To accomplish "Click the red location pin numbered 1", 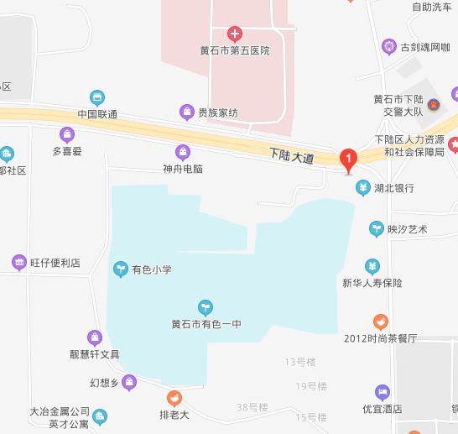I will tap(348, 158).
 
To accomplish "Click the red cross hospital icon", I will tap(235, 34).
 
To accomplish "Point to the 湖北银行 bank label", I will tap(394, 187).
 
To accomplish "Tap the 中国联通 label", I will tap(97, 114).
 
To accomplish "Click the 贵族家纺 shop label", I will tap(217, 112).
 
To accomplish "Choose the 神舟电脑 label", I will tap(183, 168).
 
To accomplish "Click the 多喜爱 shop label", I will tap(67, 152).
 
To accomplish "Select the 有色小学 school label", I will tap(151, 269).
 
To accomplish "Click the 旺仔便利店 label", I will tap(55, 263).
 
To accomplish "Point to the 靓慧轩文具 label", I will tap(95, 354).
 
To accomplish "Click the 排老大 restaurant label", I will tap(174, 414).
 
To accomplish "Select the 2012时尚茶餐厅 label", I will tap(381, 338).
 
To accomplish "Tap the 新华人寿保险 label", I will tap(372, 283).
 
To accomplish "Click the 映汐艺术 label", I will tap(407, 229).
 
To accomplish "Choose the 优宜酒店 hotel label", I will tap(383, 410).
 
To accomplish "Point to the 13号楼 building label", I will tap(300, 362).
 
